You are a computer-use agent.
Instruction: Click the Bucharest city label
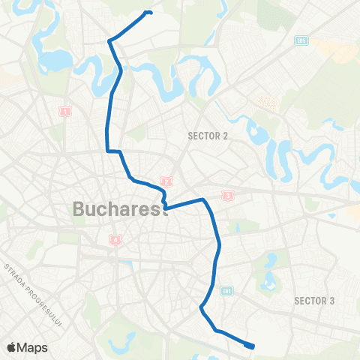[120, 209]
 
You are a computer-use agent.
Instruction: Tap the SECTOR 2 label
[207, 136]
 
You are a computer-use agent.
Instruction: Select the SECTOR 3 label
[313, 301]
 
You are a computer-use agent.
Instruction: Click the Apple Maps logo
[27, 346]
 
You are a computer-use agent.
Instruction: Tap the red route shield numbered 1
[64, 111]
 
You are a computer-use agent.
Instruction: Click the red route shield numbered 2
[166, 181]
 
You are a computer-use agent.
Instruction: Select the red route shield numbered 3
[227, 196]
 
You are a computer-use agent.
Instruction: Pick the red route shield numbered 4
[115, 240]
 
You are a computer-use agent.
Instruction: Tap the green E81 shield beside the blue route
[228, 290]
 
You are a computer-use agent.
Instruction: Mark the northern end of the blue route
[151, 12]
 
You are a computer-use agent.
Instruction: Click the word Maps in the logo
[33, 346]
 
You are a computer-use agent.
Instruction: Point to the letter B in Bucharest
[79, 209]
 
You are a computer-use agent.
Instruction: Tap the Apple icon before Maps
[11, 346]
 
